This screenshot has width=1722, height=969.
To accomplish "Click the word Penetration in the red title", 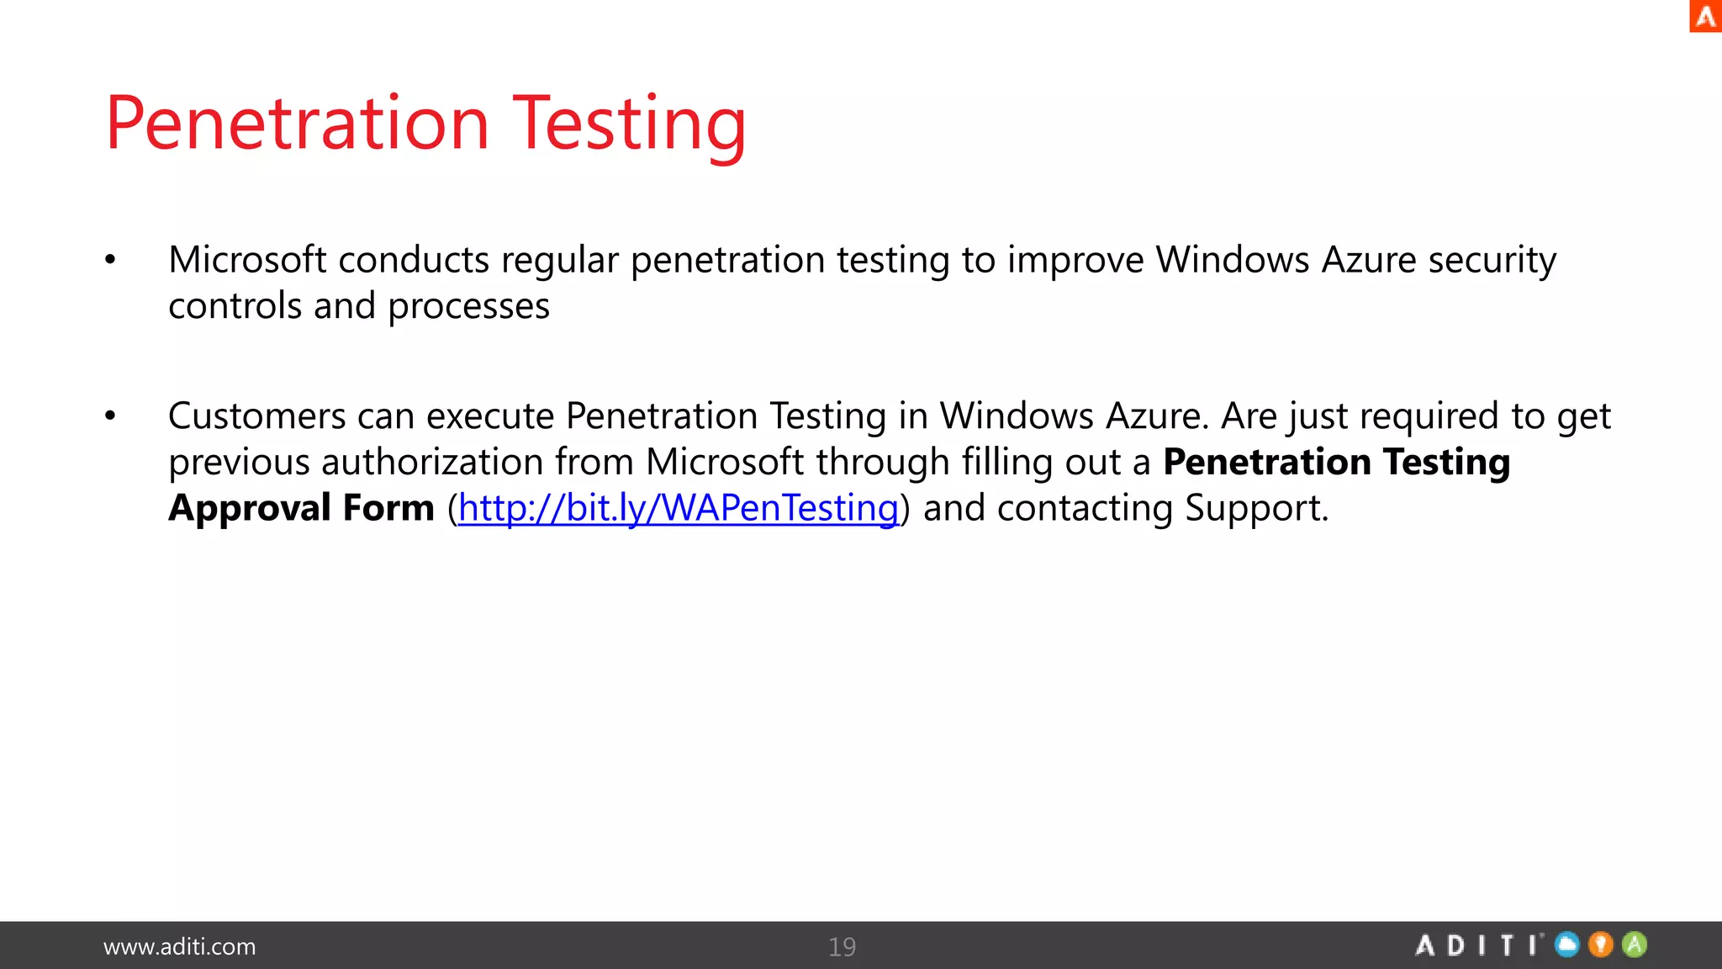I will coord(297,124).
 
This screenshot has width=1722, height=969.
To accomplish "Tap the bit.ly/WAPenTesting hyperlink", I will coord(678,508).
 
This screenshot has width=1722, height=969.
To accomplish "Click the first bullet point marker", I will coord(110,260).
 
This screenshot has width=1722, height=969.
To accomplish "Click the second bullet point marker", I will coord(110,416).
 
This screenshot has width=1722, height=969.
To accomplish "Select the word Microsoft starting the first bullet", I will coord(247,260).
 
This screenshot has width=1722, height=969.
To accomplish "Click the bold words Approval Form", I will coord(301,508).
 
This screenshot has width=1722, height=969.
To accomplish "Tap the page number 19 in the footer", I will coord(842,947).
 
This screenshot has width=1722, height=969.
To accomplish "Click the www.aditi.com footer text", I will coord(179,947).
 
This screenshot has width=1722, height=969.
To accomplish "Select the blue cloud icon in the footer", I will coord(1567,945).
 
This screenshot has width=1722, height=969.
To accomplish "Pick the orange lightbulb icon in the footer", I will coord(1601,945).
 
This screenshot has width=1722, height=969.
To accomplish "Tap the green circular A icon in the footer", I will coord(1635,945).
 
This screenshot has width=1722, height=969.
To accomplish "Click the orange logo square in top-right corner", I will coord(1705,16).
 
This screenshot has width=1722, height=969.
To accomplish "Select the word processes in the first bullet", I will coord(468,306).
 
